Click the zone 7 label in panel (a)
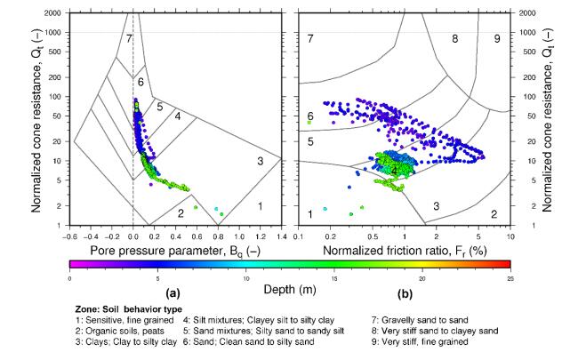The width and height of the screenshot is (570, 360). (129, 39)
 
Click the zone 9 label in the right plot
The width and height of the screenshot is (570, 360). (497, 39)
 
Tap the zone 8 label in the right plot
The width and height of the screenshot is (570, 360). (454, 39)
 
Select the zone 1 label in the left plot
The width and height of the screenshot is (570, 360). (260, 206)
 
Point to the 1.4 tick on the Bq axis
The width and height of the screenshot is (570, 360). (282, 236)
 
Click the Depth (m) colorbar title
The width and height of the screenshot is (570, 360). (291, 289)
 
